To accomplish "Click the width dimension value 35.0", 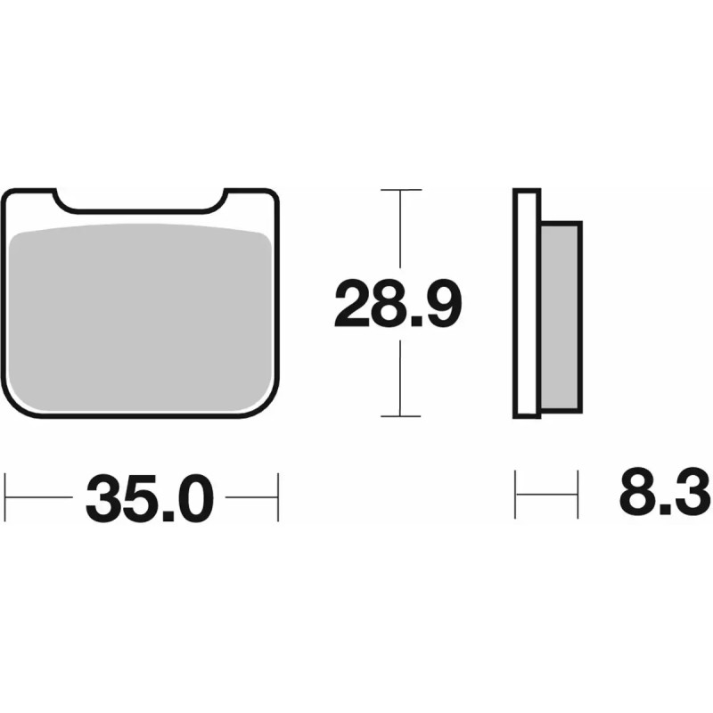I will pyautogui.click(x=151, y=498).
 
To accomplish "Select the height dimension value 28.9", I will pyautogui.click(x=397, y=303).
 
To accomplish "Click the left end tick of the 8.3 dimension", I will pyautogui.click(x=517, y=491).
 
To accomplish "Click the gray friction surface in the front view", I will pyautogui.click(x=143, y=316).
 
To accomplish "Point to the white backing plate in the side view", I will pyautogui.click(x=528, y=303).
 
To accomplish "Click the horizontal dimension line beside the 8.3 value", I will pyautogui.click(x=548, y=491).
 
